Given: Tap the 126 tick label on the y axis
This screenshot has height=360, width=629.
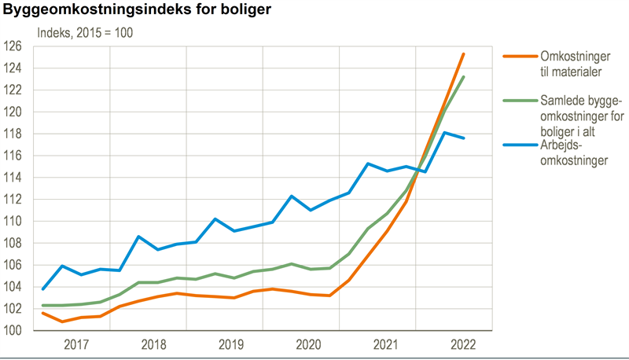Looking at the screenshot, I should tap(17, 46).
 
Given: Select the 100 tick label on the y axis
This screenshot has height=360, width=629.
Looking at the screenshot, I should tap(17, 330).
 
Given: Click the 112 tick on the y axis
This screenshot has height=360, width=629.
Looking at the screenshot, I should tap(17, 199).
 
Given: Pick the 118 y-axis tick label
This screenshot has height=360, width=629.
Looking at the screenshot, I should tap(17, 134).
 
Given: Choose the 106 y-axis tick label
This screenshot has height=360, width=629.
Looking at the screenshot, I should tap(17, 265).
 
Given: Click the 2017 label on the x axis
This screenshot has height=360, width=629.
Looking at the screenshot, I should tap(76, 344).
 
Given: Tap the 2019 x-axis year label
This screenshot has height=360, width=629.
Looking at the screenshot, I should tap(230, 344).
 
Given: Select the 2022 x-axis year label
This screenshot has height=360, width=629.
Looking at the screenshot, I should tap(462, 344).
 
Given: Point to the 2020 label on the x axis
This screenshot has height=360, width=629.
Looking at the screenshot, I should tap(307, 344).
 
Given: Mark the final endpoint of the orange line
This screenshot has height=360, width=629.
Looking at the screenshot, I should tap(464, 53).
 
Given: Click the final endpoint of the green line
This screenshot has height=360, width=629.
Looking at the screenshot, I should tap(464, 76).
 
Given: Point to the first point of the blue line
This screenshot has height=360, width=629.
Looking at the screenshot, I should tap(42, 289).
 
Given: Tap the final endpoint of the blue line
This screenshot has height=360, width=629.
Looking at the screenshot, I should tap(464, 138).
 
